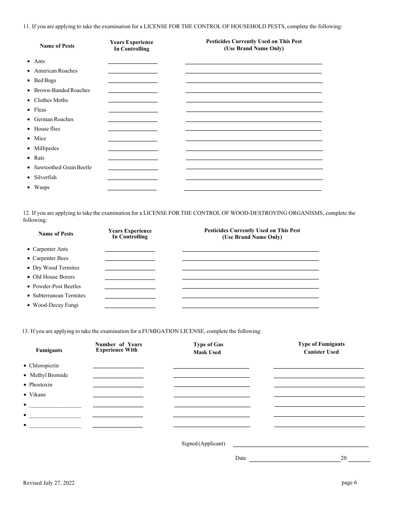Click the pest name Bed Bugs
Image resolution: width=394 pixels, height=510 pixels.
45,80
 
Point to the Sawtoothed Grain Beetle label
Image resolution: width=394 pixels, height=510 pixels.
63,168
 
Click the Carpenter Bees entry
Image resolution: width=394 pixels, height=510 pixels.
50,258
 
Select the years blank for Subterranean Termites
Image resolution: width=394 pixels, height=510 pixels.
130,296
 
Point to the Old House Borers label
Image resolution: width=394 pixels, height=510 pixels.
54,277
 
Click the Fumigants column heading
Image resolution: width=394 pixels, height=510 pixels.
49,350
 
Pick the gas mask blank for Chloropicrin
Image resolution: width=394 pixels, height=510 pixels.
211,366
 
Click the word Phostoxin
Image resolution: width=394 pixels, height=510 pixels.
41,385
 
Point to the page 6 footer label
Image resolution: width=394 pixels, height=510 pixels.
349,483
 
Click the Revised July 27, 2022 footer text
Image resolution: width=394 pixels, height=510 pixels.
49,483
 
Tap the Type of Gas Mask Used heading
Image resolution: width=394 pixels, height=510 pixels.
208,348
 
